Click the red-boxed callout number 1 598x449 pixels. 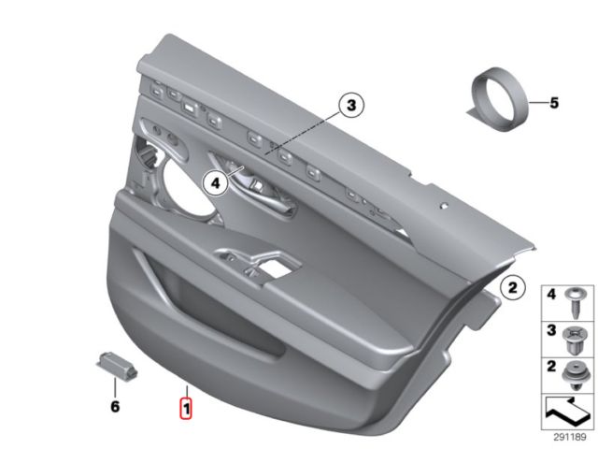coord(186,408)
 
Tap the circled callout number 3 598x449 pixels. coord(351,105)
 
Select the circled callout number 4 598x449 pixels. coord(216,183)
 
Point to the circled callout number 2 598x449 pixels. coord(513,287)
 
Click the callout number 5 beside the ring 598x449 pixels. coord(554,103)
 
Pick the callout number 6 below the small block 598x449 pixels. coord(115,407)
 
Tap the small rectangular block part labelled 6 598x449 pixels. coord(117,366)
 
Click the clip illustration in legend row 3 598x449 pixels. coord(576,340)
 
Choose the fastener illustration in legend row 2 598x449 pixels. coord(576,376)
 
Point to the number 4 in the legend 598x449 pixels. coord(551,295)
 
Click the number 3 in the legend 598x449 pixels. coord(551,330)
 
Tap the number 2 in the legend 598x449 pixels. coord(551,367)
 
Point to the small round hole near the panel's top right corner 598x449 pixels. coord(443,206)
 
